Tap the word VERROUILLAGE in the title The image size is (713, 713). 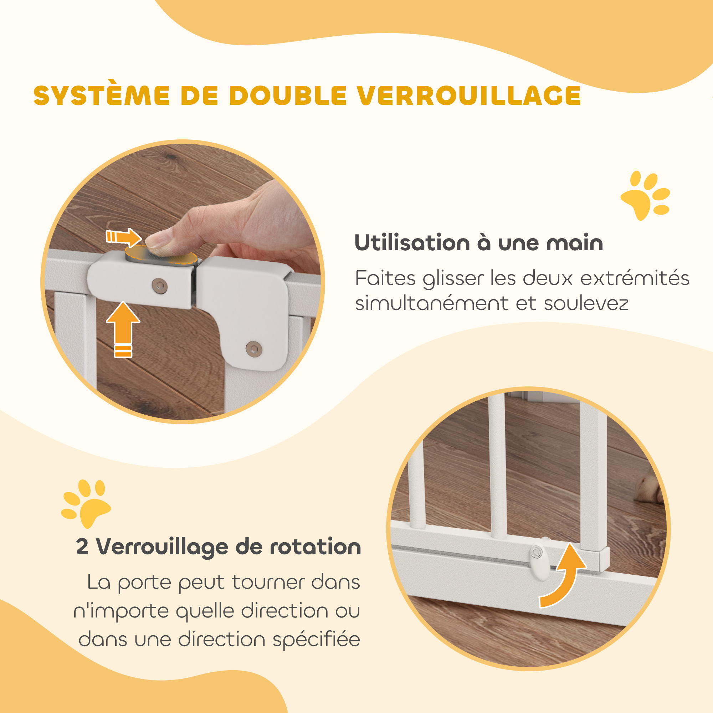[469, 96]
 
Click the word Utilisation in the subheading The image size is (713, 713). [412, 243]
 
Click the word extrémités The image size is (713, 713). [635, 278]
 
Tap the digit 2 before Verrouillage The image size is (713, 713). [82, 547]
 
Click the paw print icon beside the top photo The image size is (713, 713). [646, 195]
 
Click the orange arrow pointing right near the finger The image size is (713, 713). [124, 237]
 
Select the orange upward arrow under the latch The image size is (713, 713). [123, 329]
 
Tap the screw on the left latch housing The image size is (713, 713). [160, 285]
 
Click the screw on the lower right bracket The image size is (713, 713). [254, 348]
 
